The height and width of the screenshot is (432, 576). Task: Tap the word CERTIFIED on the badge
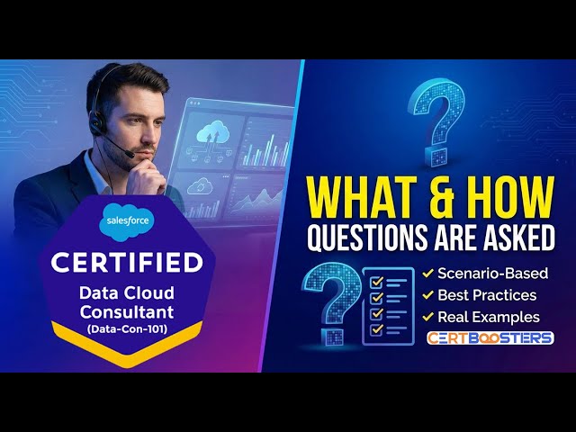point(127,264)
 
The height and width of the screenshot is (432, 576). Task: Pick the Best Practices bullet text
point(487,294)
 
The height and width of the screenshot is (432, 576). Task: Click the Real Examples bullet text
point(489,317)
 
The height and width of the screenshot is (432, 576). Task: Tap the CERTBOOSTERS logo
point(490,338)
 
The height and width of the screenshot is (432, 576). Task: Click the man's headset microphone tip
point(132,154)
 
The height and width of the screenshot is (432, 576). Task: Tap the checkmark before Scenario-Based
point(428,272)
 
